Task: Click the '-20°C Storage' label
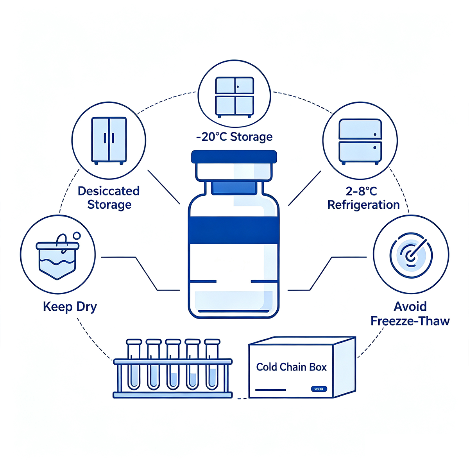(x=234, y=137)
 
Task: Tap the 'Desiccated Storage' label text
(x=109, y=198)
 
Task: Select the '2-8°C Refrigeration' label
(x=363, y=198)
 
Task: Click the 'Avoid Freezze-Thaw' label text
(x=410, y=313)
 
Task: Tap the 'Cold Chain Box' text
(x=291, y=367)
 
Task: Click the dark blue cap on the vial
(x=234, y=157)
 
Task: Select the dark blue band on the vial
(x=234, y=230)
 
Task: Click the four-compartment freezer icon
(x=234, y=97)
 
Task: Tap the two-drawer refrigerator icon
(x=360, y=141)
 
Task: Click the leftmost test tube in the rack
(x=134, y=364)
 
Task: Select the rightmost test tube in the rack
(x=212, y=364)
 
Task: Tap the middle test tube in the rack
(x=173, y=364)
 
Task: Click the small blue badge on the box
(x=319, y=389)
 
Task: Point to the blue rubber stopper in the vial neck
(x=234, y=188)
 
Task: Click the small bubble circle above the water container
(x=77, y=235)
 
